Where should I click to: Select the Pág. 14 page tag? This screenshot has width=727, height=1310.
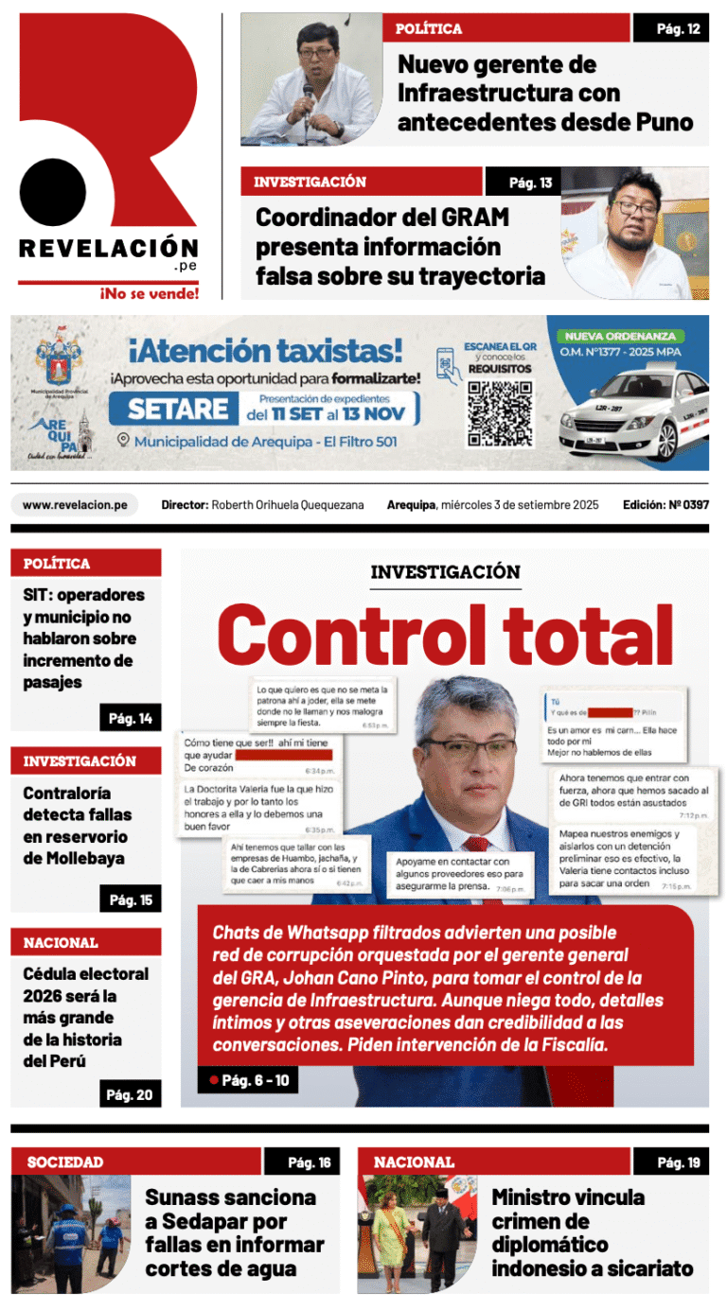tap(131, 719)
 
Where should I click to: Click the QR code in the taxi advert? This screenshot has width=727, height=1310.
tap(500, 413)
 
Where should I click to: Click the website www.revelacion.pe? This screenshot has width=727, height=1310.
tap(75, 505)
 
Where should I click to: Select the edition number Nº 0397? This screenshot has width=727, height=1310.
tap(687, 505)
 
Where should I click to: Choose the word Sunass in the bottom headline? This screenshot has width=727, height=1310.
tap(184, 1197)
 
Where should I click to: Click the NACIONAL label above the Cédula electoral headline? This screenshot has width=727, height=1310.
tap(61, 943)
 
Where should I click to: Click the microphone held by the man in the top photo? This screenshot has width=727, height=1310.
tap(308, 95)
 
